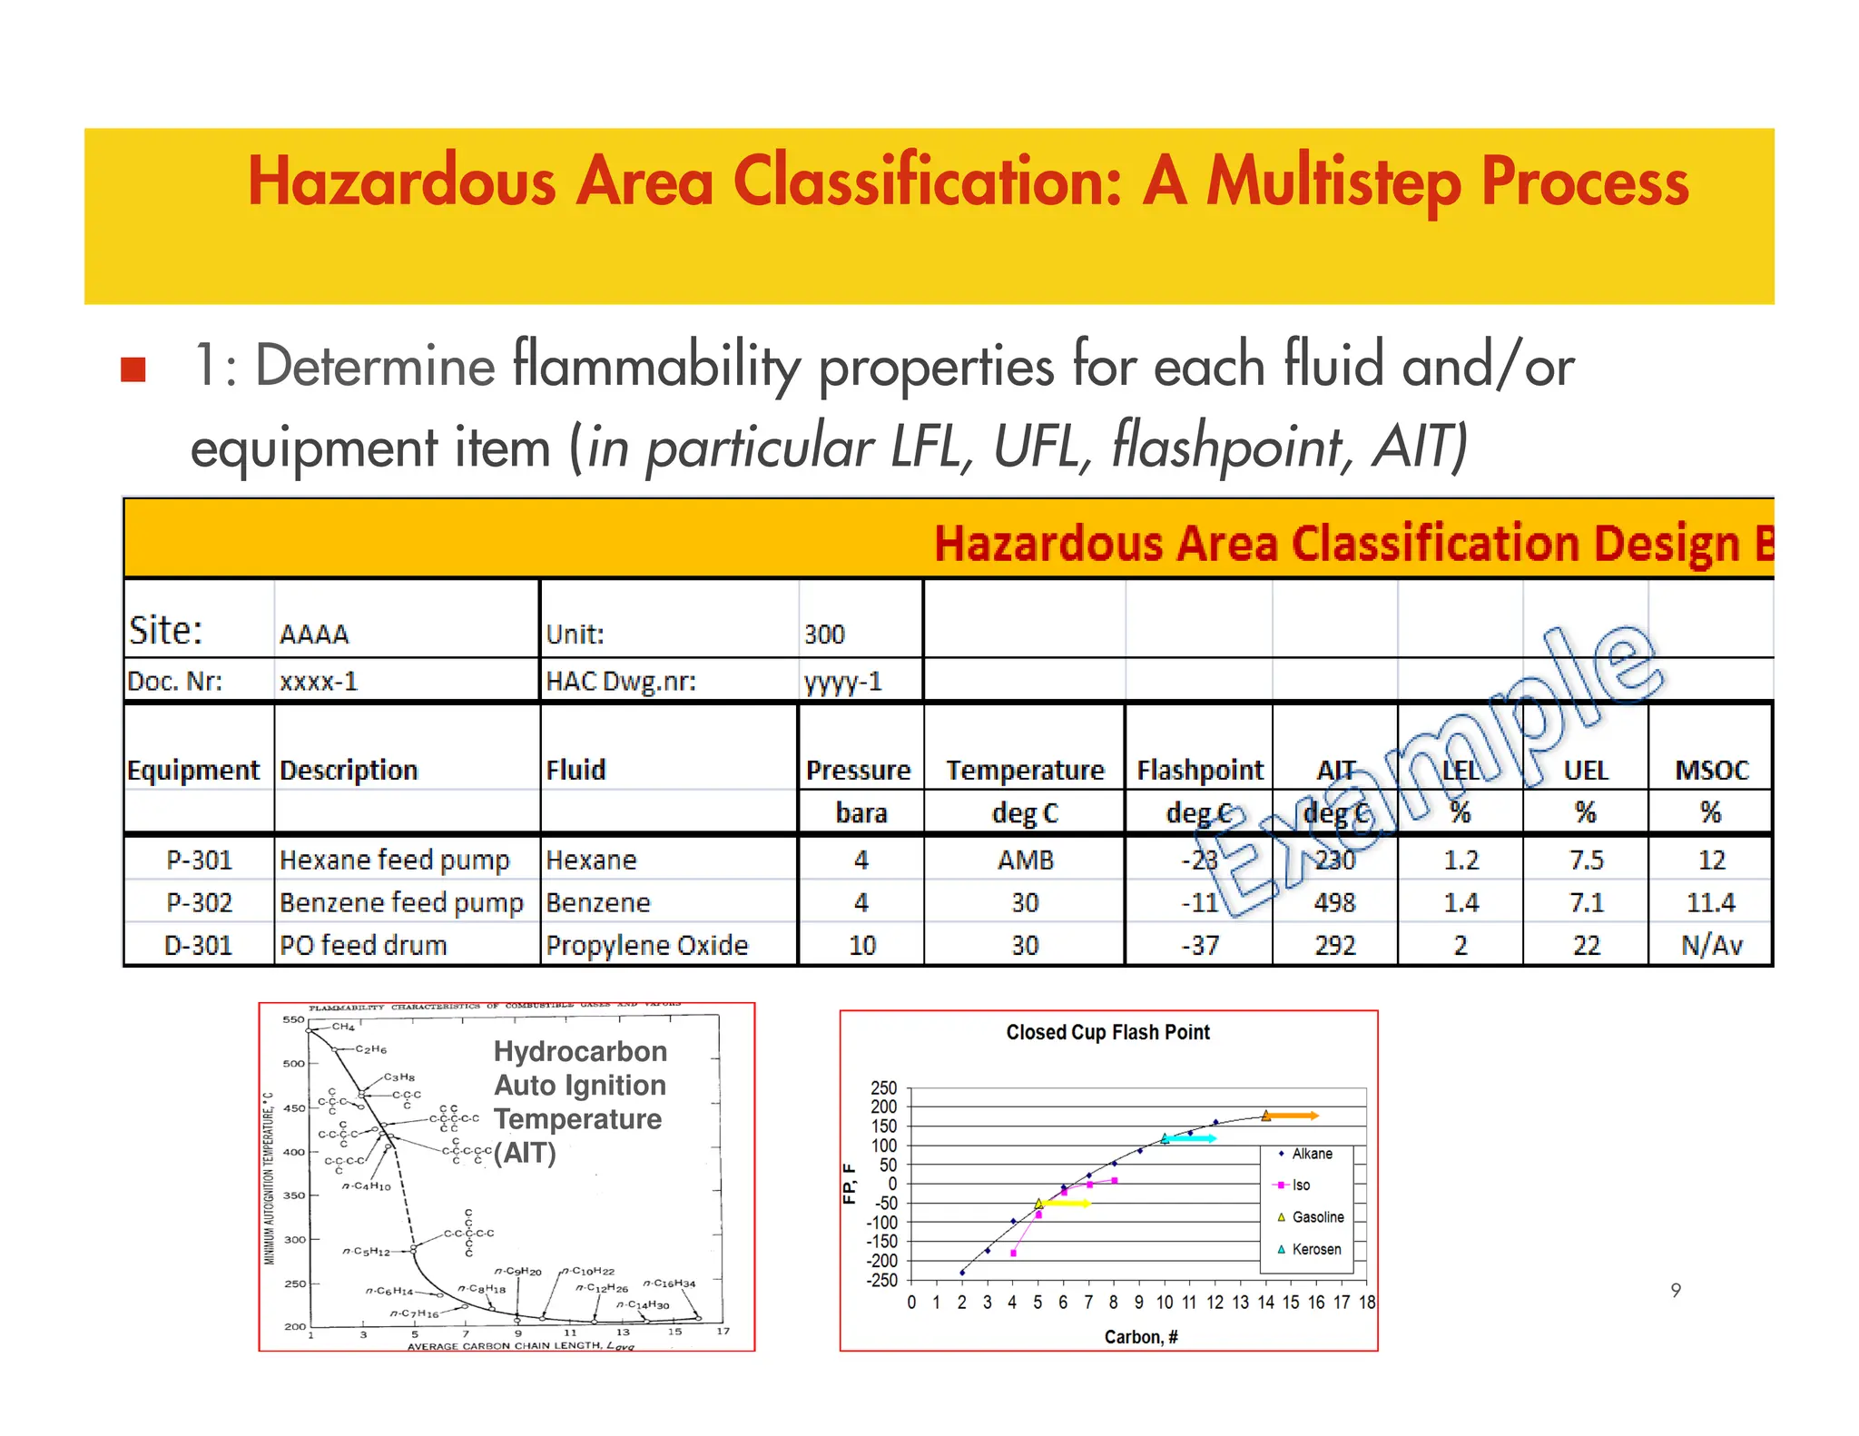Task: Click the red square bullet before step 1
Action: (133, 369)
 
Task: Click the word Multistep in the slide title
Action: (1333, 182)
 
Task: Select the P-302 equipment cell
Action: (199, 902)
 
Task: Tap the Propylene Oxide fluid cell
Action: (646, 945)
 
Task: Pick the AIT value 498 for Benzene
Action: (1334, 902)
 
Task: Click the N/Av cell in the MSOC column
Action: (1711, 945)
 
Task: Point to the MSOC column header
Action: (1711, 770)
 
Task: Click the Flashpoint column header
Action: (1199, 770)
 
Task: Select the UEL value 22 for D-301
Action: (1586, 945)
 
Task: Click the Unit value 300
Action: (824, 634)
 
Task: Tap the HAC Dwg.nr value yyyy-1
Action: (842, 681)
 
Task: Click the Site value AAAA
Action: (314, 634)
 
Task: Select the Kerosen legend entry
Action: (1315, 1249)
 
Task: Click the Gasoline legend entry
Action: (1317, 1217)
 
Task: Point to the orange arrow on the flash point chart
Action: (1294, 1116)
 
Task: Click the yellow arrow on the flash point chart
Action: (1067, 1203)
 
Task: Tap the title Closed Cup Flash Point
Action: (1107, 1032)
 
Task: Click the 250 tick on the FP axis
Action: (883, 1087)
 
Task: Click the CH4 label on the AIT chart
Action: (343, 1027)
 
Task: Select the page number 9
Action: (1676, 1290)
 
